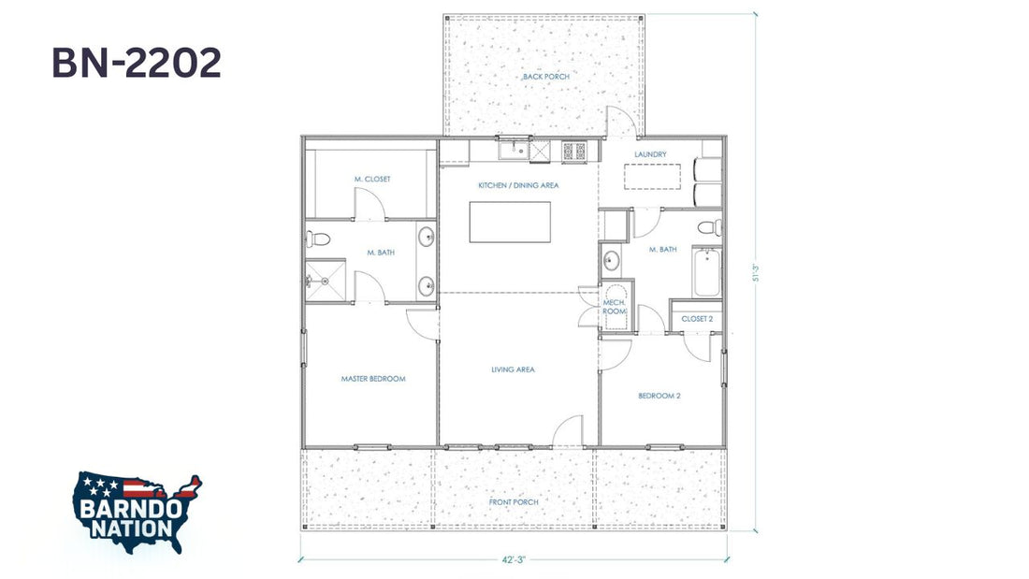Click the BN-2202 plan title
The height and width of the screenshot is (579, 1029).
pos(137,63)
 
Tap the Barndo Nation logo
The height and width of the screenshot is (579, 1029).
pos(138,512)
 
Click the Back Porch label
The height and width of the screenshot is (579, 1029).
pos(546,77)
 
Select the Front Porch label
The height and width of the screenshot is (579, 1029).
pos(514,502)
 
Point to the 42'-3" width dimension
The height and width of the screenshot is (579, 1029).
pos(514,560)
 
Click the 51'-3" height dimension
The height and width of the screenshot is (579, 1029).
pos(755,272)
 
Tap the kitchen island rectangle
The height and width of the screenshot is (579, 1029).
pos(510,222)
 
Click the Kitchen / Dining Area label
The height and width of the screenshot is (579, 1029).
pos(518,186)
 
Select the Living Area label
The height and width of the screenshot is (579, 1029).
pos(514,369)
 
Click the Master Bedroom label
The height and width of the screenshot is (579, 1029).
pos(373,379)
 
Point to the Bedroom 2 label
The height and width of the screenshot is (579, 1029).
pos(659,396)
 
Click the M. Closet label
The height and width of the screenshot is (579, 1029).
pos(372,180)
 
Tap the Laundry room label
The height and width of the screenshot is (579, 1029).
pos(650,154)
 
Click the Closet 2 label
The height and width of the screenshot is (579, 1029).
pos(697,319)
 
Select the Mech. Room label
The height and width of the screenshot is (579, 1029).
pos(615,307)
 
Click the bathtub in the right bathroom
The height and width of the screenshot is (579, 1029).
pos(707,273)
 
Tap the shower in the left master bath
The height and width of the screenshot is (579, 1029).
pos(326,281)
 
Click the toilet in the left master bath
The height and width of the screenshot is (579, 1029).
pos(318,239)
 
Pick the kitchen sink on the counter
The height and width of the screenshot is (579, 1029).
pos(514,151)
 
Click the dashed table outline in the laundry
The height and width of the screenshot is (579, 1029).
pos(652,176)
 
